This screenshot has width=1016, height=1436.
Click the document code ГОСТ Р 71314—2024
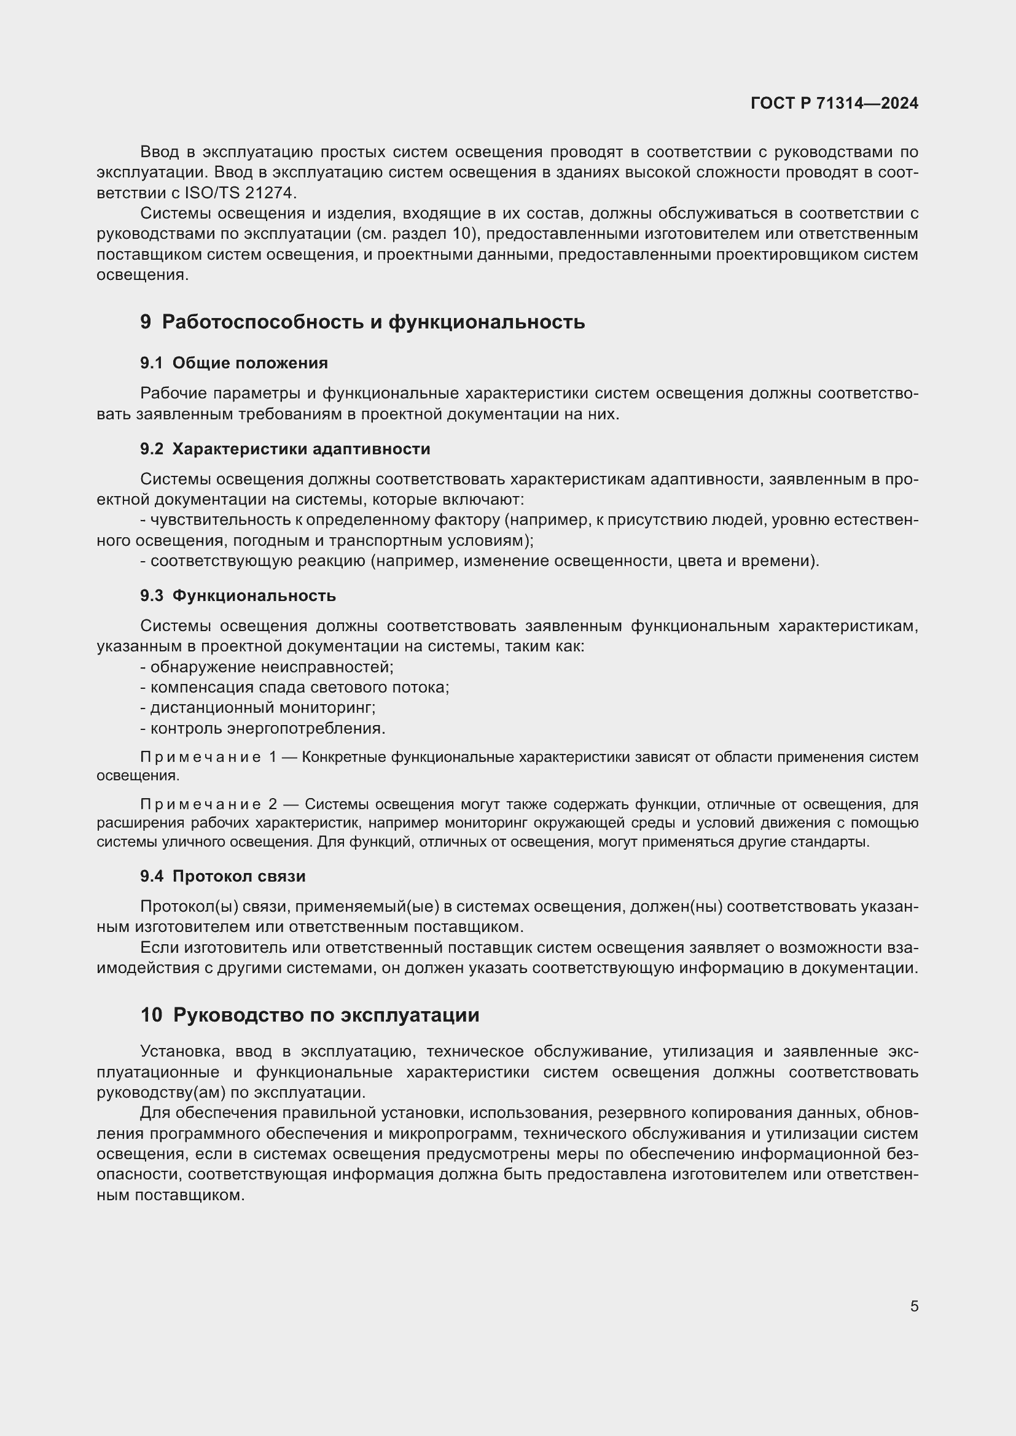pyautogui.click(x=834, y=103)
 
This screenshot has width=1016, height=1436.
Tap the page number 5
pyautogui.click(x=914, y=1306)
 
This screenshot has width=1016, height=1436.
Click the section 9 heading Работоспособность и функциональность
pyautogui.click(x=362, y=322)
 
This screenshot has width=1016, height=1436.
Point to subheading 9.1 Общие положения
pyautogui.click(x=234, y=363)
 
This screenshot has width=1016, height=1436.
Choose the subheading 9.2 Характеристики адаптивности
pyautogui.click(x=285, y=449)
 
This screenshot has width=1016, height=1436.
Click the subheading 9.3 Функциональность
pyautogui.click(x=238, y=596)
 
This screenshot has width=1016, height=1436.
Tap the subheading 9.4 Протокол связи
pyautogui.click(x=223, y=876)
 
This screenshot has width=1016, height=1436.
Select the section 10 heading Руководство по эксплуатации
pyautogui.click(x=310, y=1015)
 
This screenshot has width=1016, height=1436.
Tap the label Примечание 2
pyautogui.click(x=209, y=804)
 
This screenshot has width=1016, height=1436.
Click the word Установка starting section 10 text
pyautogui.click(x=179, y=1051)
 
